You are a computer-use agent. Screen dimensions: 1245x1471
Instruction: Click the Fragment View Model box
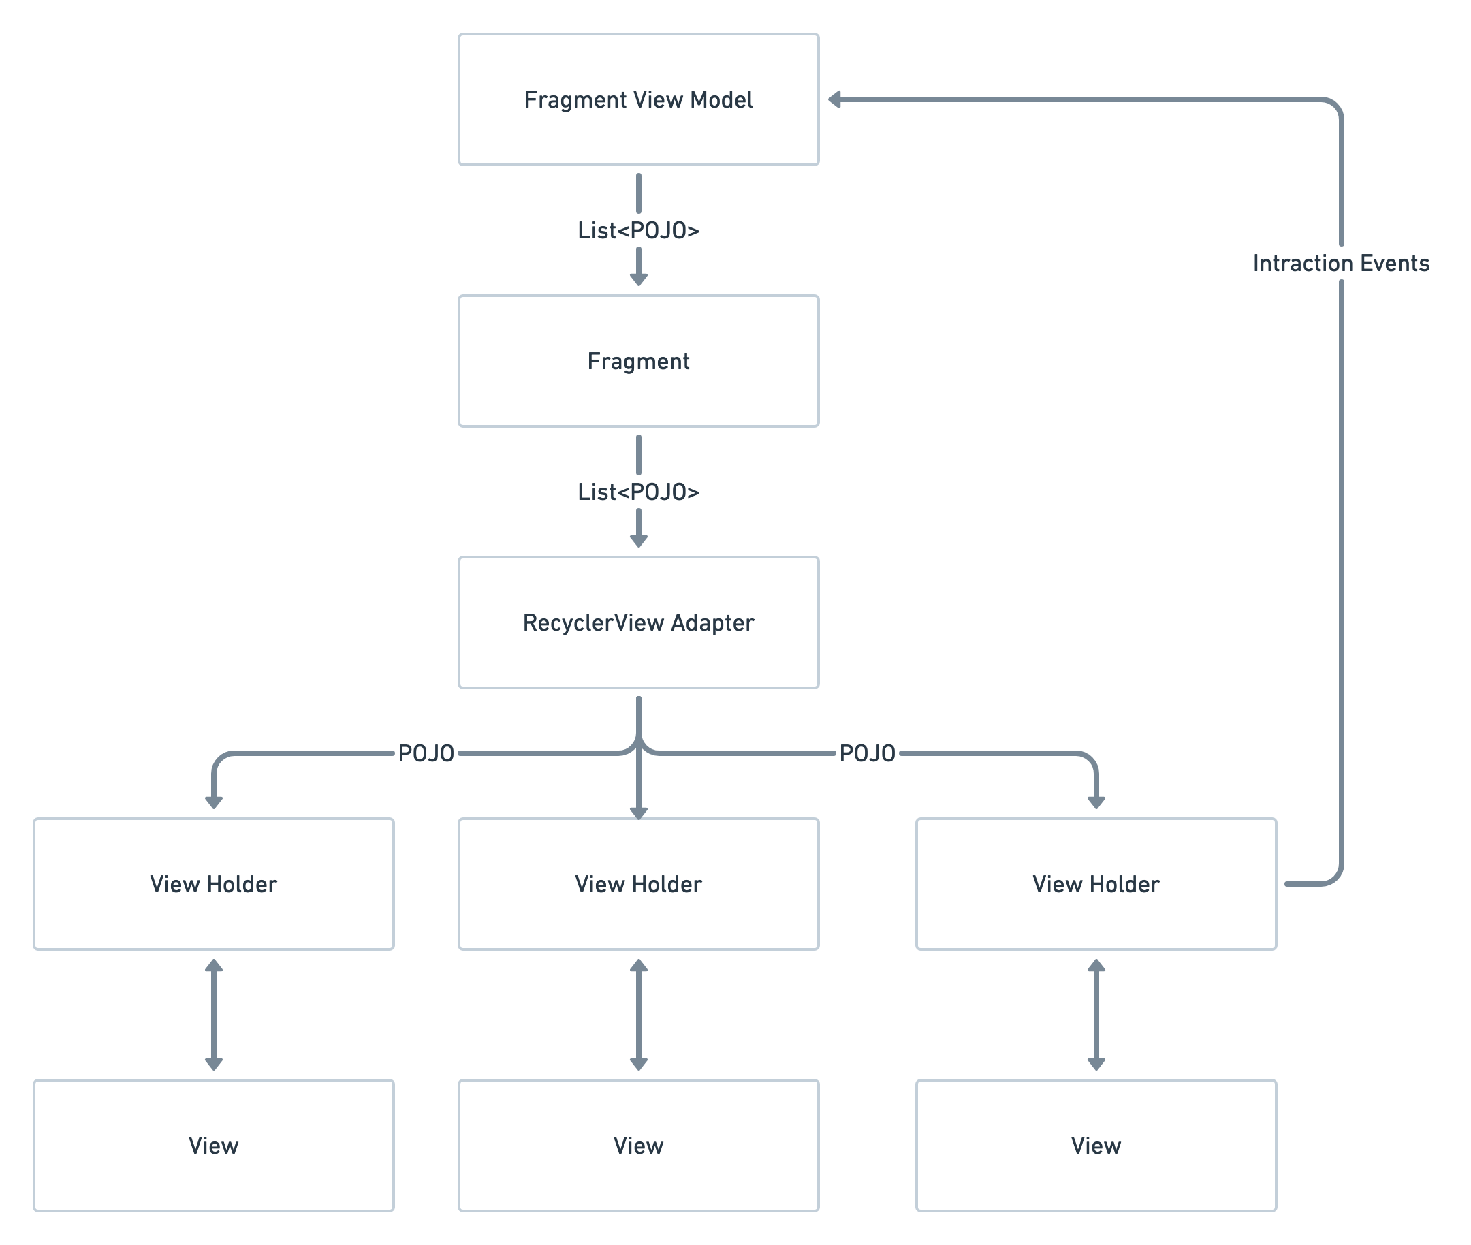click(638, 99)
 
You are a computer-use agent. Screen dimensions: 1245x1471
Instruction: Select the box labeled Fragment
click(638, 361)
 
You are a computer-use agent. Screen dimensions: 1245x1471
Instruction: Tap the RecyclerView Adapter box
click(638, 622)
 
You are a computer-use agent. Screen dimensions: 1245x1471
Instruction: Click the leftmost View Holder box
click(213, 883)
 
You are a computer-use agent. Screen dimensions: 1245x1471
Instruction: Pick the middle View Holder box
click(638, 883)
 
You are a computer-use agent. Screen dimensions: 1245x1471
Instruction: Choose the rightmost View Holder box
click(1096, 883)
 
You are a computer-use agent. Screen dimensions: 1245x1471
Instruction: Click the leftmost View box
click(213, 1145)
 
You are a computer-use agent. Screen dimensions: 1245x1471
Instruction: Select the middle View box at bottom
click(638, 1145)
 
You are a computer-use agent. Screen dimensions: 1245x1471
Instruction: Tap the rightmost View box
click(1096, 1145)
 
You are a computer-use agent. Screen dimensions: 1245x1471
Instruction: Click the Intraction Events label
click(1340, 264)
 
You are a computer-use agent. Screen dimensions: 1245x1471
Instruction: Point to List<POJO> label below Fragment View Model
click(638, 230)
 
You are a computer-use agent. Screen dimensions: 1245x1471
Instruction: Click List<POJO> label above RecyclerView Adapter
click(638, 492)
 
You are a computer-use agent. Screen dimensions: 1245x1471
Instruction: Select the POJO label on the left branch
click(426, 753)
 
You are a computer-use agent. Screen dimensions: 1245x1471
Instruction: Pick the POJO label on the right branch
click(867, 753)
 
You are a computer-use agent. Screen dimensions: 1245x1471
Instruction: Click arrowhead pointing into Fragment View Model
click(835, 99)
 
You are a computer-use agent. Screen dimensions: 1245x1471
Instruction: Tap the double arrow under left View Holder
click(213, 1014)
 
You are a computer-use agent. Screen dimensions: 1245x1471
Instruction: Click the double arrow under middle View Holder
click(638, 1014)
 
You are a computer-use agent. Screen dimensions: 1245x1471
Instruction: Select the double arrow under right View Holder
click(1096, 1014)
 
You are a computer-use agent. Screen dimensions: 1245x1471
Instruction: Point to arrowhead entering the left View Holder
click(213, 802)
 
